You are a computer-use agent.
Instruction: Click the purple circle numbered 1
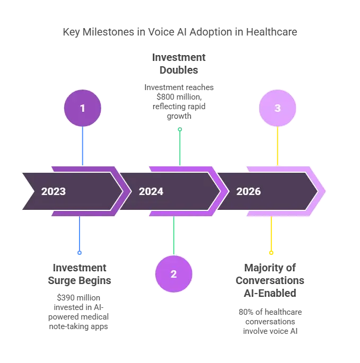pyautogui.click(x=82, y=108)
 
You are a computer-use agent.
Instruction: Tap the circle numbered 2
pyautogui.click(x=173, y=274)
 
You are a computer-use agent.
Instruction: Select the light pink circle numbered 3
pyautogui.click(x=277, y=108)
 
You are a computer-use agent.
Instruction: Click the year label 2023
pyautogui.click(x=54, y=191)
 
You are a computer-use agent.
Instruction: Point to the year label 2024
pyautogui.click(x=151, y=191)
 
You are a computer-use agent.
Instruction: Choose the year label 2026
pyautogui.click(x=249, y=191)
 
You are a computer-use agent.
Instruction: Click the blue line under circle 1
pyautogui.click(x=83, y=146)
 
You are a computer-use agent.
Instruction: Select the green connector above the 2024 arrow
pyautogui.click(x=180, y=146)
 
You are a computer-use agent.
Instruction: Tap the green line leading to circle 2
pyautogui.click(x=173, y=236)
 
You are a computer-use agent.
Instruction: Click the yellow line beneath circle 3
pyautogui.click(x=278, y=146)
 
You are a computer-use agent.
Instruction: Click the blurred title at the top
pyautogui.click(x=180, y=33)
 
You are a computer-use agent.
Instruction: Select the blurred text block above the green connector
pyautogui.click(x=180, y=85)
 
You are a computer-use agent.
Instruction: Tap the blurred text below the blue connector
pyautogui.click(x=79, y=295)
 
